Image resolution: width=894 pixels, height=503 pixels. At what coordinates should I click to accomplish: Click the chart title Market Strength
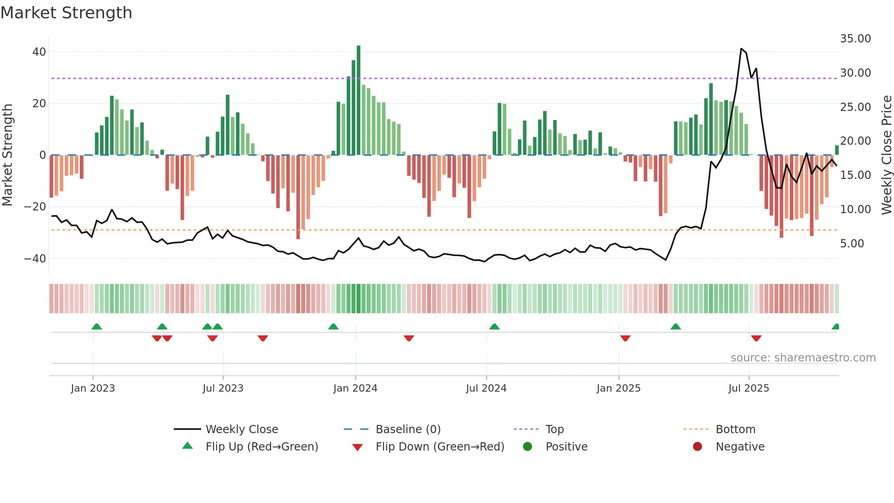coord(66,13)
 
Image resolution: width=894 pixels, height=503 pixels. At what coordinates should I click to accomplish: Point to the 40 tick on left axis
coord(39,52)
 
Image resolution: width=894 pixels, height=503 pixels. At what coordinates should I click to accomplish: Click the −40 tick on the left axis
coord(35,259)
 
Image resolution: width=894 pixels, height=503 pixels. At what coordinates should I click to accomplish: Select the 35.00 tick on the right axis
coord(855,39)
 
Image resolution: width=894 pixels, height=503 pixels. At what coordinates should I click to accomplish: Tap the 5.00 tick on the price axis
coord(852,244)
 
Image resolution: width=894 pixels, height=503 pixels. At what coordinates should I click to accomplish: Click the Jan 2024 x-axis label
coord(355,388)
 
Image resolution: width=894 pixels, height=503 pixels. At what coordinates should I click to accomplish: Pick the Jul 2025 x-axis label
coord(748,388)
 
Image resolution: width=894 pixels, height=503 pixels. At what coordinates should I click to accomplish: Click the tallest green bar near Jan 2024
coord(359,100)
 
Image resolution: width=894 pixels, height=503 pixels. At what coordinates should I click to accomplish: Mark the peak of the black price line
coord(742,49)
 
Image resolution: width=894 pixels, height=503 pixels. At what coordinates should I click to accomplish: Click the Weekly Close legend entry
coord(241,430)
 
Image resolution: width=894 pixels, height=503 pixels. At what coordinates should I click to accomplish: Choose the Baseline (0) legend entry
coord(408,430)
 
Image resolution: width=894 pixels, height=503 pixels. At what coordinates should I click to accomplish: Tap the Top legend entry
coord(554,430)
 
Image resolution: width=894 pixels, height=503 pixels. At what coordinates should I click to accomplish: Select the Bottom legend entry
coord(735,430)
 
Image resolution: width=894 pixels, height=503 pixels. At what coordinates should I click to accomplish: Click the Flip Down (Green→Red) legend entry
coord(440,447)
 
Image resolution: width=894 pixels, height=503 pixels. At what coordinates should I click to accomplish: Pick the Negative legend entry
coord(740,447)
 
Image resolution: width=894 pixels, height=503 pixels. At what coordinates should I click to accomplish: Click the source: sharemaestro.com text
coord(803,358)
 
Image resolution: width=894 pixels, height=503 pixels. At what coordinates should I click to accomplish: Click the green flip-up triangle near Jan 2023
coord(97,327)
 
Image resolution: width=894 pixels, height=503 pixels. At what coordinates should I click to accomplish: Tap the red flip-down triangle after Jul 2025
coord(756,338)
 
